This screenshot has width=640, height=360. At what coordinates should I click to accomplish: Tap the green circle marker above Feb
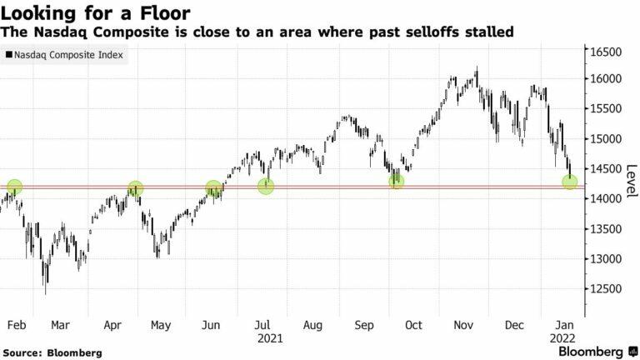14,187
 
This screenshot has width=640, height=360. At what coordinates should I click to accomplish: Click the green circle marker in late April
135,190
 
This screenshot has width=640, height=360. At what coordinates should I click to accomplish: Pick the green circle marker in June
213,189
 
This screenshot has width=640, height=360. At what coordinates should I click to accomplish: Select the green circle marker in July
266,186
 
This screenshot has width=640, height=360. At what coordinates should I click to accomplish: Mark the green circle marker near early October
396,180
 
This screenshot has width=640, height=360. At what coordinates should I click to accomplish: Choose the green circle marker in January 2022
570,181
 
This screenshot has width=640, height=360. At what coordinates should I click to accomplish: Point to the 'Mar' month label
61,327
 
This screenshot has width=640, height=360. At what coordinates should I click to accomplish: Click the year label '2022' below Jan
562,340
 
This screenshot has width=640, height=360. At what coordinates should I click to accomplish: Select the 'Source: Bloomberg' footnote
52,353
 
